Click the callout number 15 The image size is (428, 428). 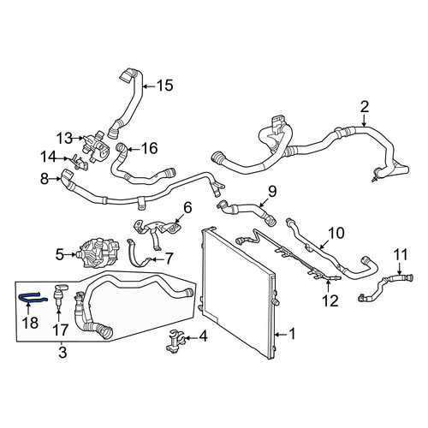coord(165,86)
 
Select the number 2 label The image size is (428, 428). coord(365,107)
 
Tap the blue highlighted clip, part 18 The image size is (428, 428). coord(33,298)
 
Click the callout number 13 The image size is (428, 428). coord(64,139)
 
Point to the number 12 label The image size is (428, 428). coord(330,300)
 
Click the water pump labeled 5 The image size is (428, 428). coord(97,253)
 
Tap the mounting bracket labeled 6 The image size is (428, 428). coord(157,229)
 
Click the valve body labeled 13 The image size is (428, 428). coord(96,147)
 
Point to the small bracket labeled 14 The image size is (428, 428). coord(77,163)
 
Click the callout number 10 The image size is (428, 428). coord(336,233)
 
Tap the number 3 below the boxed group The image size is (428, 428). coord(62,352)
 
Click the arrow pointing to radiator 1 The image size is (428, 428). coord(281,334)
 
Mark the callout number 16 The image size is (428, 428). coord(149,148)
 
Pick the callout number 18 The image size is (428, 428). coord(30,323)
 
